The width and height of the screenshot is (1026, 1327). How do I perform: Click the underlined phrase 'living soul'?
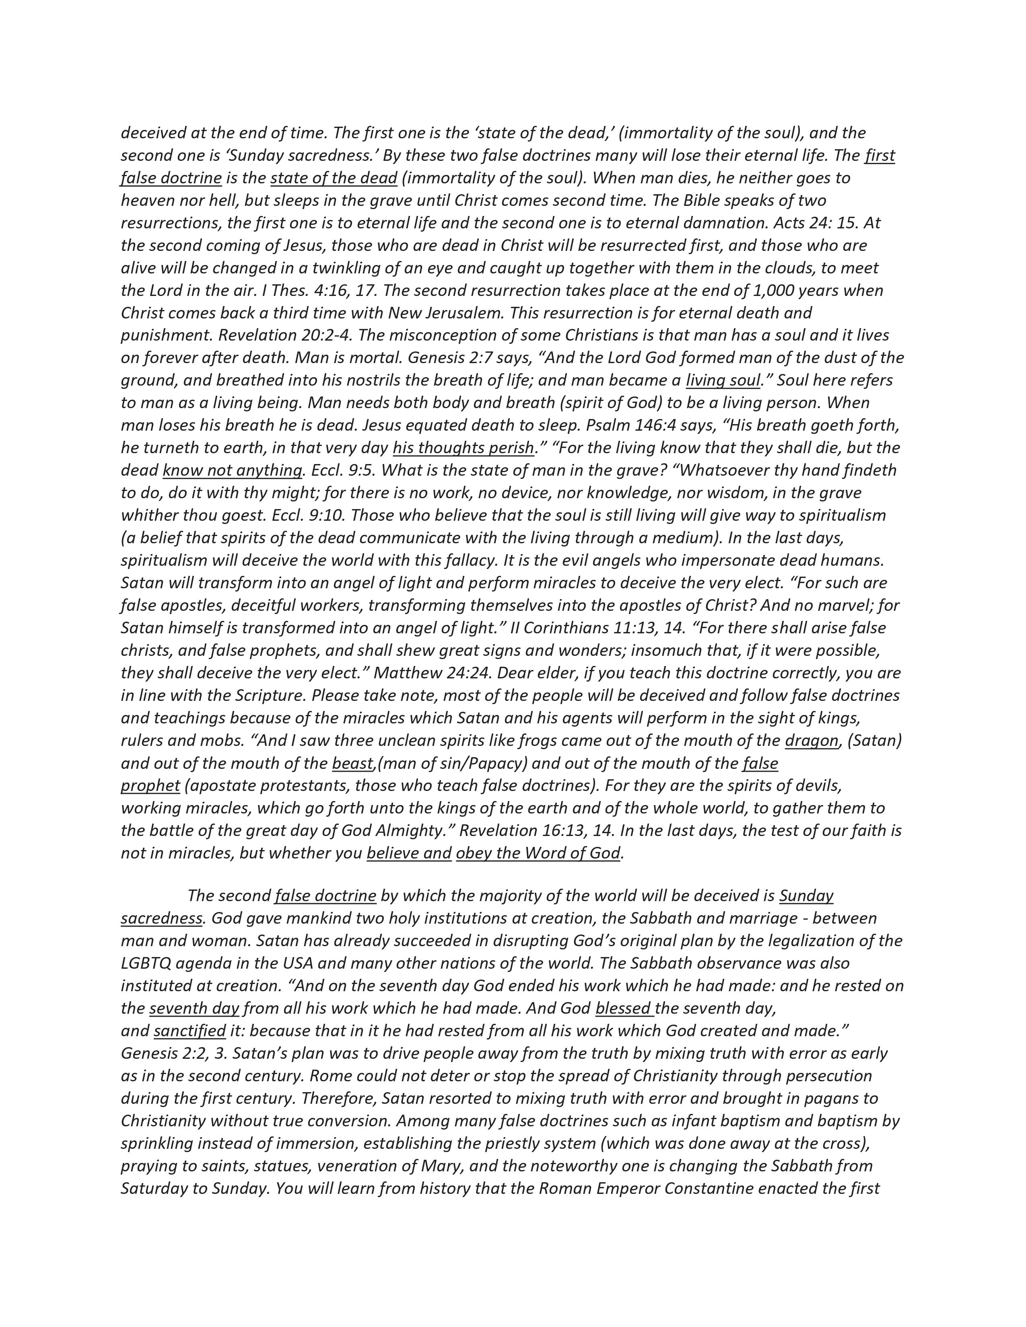[723, 380]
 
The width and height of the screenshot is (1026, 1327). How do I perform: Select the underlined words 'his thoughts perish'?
[463, 448]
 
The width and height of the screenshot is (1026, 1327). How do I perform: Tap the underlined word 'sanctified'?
[190, 1031]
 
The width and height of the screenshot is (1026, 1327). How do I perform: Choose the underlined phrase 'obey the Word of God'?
[538, 853]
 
